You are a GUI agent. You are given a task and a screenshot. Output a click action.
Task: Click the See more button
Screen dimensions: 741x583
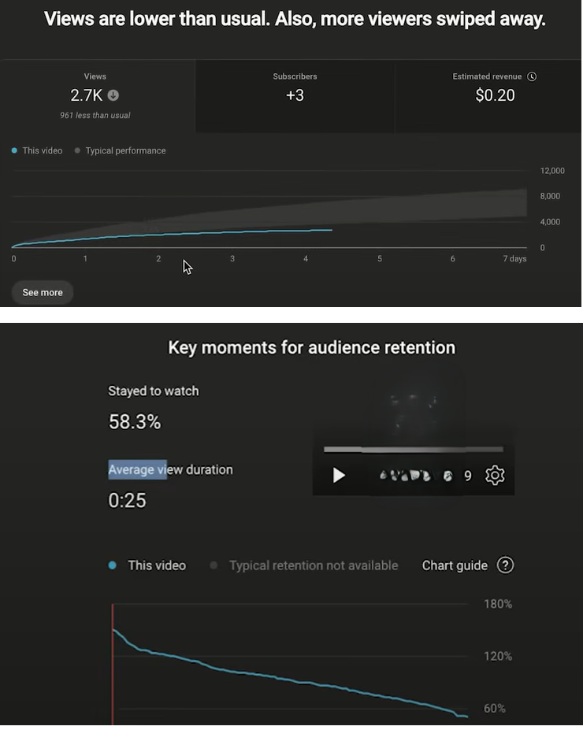(x=43, y=292)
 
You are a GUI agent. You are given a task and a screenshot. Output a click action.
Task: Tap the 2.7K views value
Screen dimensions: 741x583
(x=86, y=95)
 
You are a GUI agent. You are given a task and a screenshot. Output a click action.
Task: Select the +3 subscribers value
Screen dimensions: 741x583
(x=295, y=95)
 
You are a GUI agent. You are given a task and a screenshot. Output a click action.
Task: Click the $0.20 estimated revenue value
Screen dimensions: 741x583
(x=495, y=95)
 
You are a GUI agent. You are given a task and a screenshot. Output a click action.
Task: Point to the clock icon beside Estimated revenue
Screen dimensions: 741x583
(x=532, y=76)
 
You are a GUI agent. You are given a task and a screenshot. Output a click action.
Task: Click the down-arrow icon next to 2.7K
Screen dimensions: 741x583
(x=113, y=95)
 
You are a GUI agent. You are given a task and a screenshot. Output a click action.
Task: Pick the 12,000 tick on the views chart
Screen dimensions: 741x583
(x=552, y=171)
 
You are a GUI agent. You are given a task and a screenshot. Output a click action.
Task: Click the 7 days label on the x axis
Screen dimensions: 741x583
(x=514, y=259)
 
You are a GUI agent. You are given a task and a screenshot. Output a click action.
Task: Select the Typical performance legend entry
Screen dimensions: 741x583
(x=125, y=150)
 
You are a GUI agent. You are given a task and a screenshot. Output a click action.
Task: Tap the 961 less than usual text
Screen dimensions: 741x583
(x=95, y=115)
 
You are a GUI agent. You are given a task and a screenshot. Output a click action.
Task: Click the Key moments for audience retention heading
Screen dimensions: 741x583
(x=311, y=347)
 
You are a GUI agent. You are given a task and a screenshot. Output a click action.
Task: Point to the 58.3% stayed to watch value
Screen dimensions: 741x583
(x=135, y=422)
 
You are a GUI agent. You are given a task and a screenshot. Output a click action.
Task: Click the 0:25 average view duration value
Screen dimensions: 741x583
(x=127, y=500)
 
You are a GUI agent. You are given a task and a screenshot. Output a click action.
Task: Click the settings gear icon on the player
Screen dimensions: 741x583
(x=495, y=476)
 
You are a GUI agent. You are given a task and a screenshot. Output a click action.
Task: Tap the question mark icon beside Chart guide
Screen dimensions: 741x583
(x=506, y=565)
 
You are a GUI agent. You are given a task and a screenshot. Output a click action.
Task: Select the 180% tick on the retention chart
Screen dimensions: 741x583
(x=498, y=604)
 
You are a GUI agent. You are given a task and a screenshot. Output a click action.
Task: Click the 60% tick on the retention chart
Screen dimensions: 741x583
(x=495, y=709)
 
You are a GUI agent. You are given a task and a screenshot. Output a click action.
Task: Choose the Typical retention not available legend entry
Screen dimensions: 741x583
(x=313, y=565)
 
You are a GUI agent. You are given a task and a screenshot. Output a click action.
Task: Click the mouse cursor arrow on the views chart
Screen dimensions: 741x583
(x=188, y=267)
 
